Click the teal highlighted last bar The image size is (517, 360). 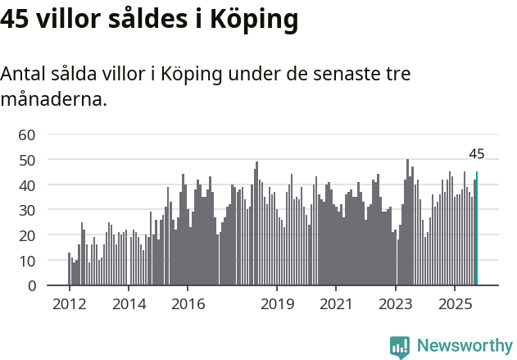pyautogui.click(x=477, y=229)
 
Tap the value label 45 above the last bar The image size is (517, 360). pyautogui.click(x=477, y=153)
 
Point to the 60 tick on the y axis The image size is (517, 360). pyautogui.click(x=27, y=134)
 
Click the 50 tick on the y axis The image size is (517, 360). pyautogui.click(x=27, y=160)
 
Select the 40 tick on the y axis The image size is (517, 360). pyautogui.click(x=27, y=185)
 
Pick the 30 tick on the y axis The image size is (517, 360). pyautogui.click(x=27, y=210)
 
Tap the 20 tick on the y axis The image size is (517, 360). pyautogui.click(x=27, y=235)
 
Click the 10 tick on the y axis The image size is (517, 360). pyautogui.click(x=27, y=261)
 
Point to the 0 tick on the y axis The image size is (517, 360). pyautogui.click(x=31, y=286)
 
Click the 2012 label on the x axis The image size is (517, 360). pyautogui.click(x=69, y=304)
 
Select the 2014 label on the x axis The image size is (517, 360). pyautogui.click(x=129, y=304)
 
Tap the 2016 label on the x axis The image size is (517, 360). pyautogui.click(x=188, y=304)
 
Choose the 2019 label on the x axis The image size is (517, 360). pyautogui.click(x=277, y=304)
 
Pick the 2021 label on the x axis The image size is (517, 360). pyautogui.click(x=336, y=304)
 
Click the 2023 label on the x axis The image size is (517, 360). pyautogui.click(x=396, y=304)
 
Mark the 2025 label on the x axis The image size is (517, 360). pyautogui.click(x=455, y=304)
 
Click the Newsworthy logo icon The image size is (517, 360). pyautogui.click(x=399, y=347)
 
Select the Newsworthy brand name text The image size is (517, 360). pyautogui.click(x=464, y=346)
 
